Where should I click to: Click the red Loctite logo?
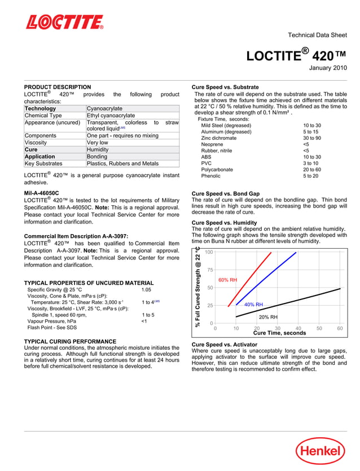point(64,22)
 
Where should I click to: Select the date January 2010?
point(327,68)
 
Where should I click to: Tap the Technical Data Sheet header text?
point(317,35)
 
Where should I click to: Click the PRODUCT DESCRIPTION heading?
point(58,87)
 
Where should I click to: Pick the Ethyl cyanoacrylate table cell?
point(111,116)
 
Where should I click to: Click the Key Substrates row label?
point(43,164)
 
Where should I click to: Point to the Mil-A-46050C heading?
point(41,193)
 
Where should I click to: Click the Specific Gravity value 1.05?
point(146,289)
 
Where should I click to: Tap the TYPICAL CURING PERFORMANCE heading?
point(70,341)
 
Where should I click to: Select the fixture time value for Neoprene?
point(306,144)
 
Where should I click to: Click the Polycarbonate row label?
point(217,169)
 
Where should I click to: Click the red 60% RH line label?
point(227,280)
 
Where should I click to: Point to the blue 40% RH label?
point(253,305)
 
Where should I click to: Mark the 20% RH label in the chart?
point(268,317)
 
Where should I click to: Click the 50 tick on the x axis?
point(319,328)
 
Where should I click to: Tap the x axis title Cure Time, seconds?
point(279,333)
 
